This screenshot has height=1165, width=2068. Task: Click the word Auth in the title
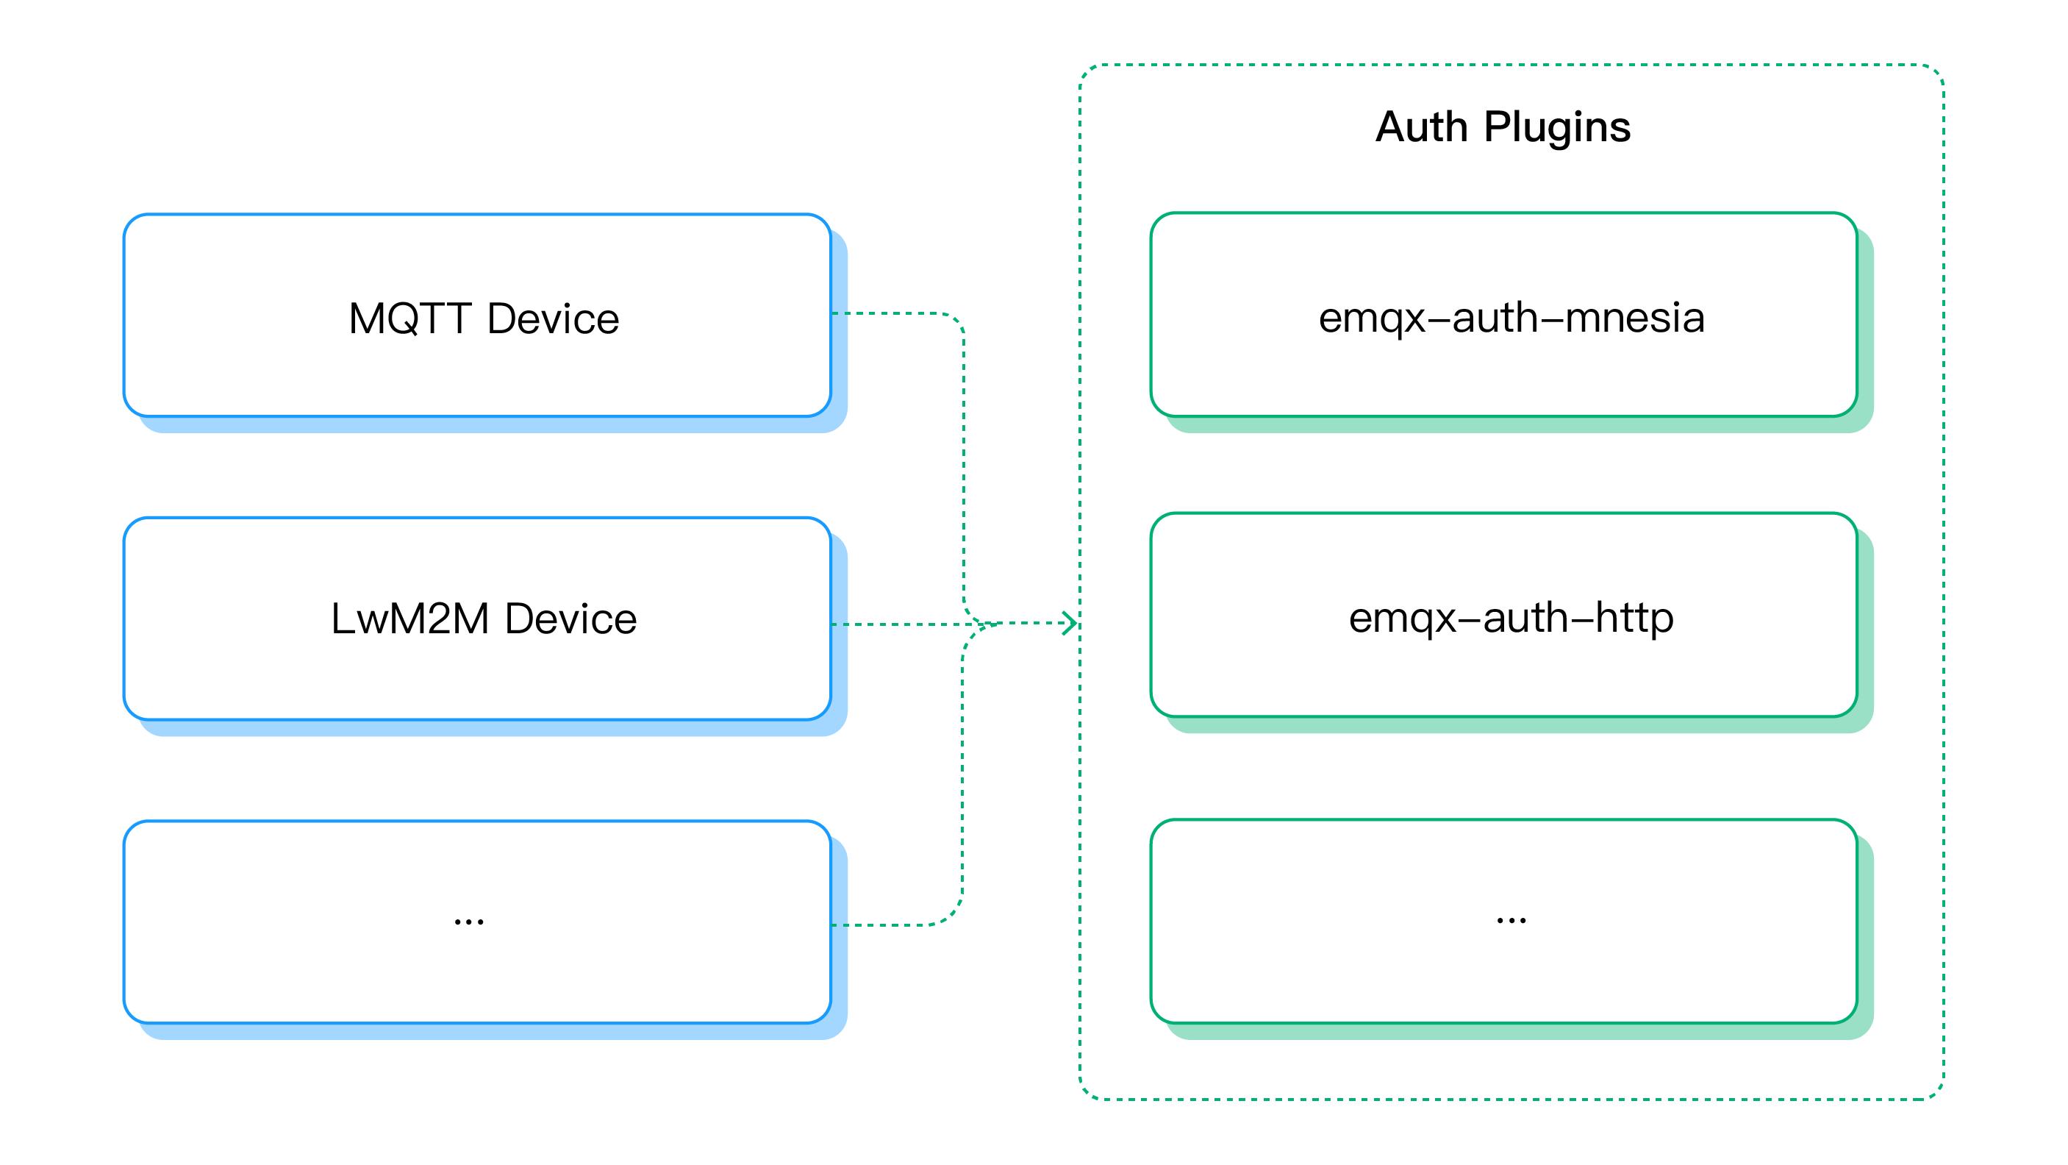click(1421, 127)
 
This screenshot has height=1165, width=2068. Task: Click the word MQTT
click(409, 318)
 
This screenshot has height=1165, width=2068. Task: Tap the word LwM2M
click(409, 619)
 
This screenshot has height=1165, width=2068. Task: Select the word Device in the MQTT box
click(553, 318)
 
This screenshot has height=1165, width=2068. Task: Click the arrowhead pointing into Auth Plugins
click(1070, 623)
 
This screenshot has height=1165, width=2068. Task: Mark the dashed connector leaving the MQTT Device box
click(891, 313)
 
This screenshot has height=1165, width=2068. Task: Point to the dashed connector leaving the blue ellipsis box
click(891, 925)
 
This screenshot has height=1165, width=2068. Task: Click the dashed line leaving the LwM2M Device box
click(891, 624)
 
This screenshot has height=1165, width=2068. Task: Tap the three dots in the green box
click(1511, 920)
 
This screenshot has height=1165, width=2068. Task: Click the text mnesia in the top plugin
click(1634, 317)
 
